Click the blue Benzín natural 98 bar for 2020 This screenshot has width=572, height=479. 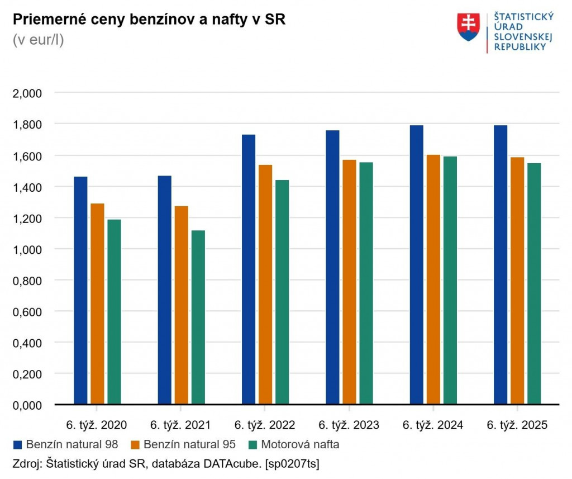click(80, 290)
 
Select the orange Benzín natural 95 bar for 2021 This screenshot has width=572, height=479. click(182, 305)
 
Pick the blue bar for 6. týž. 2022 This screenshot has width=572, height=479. click(249, 269)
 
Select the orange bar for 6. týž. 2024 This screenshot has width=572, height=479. click(433, 279)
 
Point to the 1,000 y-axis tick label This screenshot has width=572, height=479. click(27, 249)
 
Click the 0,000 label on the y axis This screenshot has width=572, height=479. click(27, 405)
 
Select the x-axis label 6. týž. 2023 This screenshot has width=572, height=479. click(349, 425)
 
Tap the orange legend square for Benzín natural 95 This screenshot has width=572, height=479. click(135, 445)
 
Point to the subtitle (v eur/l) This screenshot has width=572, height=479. click(38, 40)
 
